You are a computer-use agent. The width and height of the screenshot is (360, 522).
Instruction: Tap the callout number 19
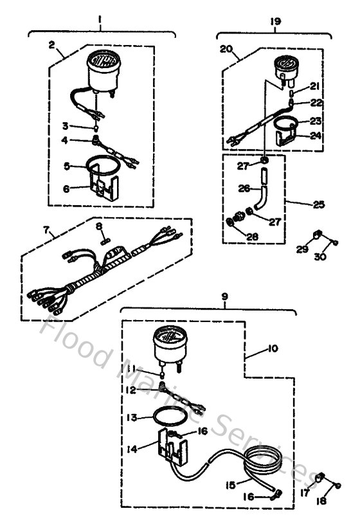276,21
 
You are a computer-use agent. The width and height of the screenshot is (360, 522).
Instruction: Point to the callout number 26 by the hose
242,189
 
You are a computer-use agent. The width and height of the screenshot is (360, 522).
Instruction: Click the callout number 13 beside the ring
132,417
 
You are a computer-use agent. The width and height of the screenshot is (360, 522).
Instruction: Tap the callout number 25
319,204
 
